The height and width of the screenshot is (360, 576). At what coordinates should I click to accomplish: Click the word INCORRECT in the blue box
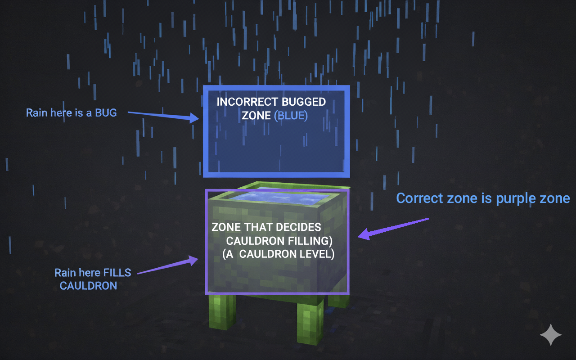pos(247,102)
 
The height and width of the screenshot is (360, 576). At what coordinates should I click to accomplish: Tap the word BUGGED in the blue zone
pos(304,102)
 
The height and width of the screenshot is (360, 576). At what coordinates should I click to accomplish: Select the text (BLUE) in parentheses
pos(291,116)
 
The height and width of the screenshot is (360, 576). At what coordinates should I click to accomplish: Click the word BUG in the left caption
pos(106,113)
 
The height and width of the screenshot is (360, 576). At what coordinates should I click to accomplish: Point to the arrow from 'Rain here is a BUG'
pos(163,116)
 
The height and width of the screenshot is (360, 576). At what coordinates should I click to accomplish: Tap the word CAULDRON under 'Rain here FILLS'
pos(88,286)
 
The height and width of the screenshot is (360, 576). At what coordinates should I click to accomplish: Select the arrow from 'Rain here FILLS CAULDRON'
pos(168,265)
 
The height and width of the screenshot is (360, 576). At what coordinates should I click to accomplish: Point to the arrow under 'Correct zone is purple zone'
pos(393,229)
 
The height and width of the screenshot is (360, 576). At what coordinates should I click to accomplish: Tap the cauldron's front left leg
pos(222,312)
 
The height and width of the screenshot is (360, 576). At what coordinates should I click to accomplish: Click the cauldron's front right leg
pos(310,321)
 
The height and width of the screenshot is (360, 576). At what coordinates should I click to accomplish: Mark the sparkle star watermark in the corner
pos(550,334)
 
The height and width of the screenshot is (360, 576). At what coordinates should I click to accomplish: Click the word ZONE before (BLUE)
pos(256,116)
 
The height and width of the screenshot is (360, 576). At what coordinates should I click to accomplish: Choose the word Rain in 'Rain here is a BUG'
pos(36,113)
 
